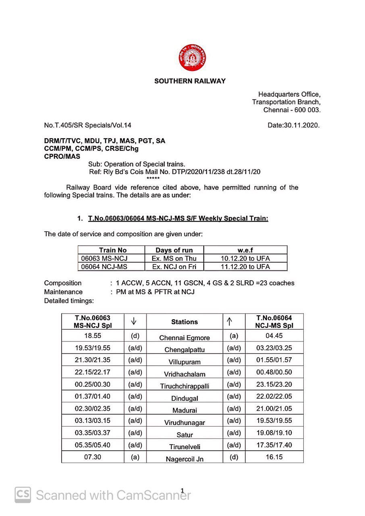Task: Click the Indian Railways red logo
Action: click(x=192, y=58)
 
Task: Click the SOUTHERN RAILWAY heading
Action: click(x=190, y=81)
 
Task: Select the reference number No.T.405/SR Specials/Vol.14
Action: click(x=87, y=125)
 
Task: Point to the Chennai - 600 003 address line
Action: click(x=292, y=110)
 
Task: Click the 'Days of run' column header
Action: click(x=174, y=250)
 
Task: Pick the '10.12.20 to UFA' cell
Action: click(x=245, y=258)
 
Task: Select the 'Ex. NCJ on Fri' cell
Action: click(x=174, y=266)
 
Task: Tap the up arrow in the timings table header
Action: click(x=229, y=321)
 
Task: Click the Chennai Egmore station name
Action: click(x=185, y=338)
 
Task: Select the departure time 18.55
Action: click(x=92, y=336)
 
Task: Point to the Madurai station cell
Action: click(x=185, y=410)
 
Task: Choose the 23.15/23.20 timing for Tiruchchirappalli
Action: click(x=274, y=384)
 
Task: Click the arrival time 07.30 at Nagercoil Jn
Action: click(x=92, y=457)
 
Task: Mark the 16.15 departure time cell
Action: click(x=274, y=457)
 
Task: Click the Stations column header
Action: click(x=185, y=322)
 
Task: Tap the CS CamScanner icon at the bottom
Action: click(x=23, y=495)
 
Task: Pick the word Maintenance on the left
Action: click(x=63, y=291)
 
